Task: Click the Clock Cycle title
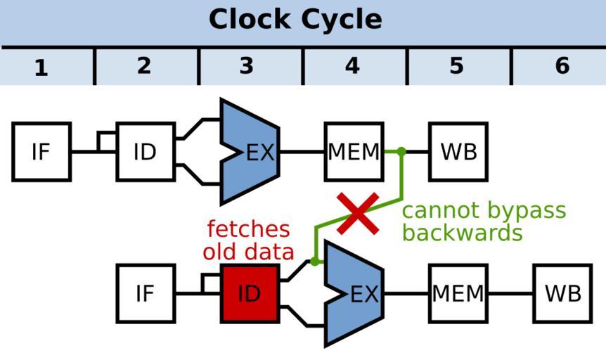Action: [x=295, y=20]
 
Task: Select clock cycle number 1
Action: [x=41, y=67]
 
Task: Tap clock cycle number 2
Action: [x=144, y=66]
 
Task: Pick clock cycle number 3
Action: [x=246, y=66]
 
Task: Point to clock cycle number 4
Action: [x=352, y=67]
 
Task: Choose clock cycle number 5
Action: [x=456, y=66]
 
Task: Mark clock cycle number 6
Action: [x=562, y=66]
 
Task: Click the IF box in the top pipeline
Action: [x=41, y=152]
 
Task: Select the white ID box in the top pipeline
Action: [x=145, y=152]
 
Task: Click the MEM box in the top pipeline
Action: [x=354, y=152]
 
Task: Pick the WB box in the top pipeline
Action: [x=458, y=152]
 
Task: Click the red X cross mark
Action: [x=359, y=214]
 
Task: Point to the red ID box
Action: [x=250, y=294]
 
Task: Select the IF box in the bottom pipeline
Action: [x=146, y=294]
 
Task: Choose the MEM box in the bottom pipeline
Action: [x=458, y=294]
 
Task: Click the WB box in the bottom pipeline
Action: [x=562, y=294]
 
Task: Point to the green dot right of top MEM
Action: [x=401, y=151]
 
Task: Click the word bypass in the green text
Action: [x=524, y=210]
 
